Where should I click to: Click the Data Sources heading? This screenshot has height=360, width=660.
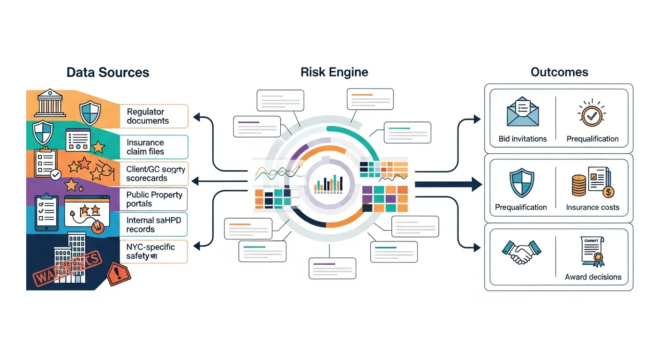click(x=108, y=72)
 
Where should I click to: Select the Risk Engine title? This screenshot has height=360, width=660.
click(x=334, y=72)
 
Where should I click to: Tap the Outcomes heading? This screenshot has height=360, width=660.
click(x=559, y=72)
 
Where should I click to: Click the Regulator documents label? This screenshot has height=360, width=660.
click(x=148, y=116)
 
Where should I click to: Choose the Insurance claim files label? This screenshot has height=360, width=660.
click(x=145, y=147)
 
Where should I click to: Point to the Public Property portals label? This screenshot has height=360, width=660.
click(x=154, y=199)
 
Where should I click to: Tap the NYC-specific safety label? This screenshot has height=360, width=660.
click(x=150, y=251)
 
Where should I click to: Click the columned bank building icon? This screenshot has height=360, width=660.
click(x=50, y=103)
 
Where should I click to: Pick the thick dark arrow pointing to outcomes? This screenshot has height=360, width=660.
click(x=448, y=184)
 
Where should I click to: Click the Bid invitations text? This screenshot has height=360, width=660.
click(x=523, y=139)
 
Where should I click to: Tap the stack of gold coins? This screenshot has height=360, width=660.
click(x=579, y=186)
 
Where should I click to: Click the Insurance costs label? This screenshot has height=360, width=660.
click(x=592, y=207)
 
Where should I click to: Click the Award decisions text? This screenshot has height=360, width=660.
click(x=593, y=277)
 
